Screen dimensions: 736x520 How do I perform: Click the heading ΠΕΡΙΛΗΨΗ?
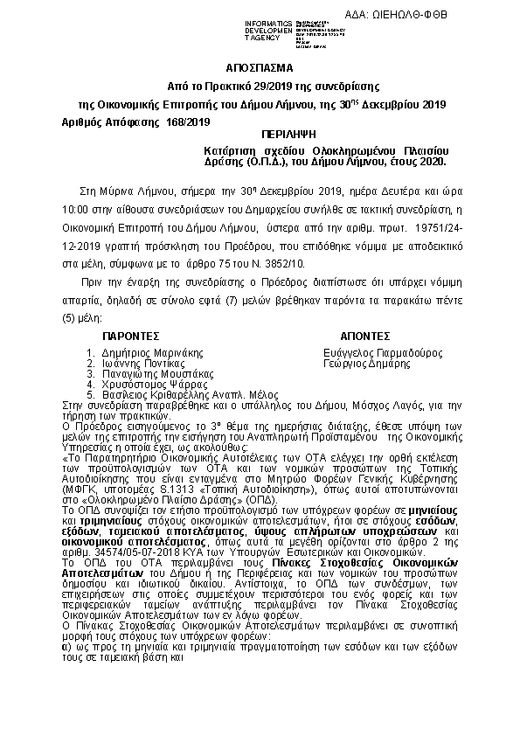point(285,135)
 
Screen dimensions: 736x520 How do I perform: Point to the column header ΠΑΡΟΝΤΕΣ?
point(130,335)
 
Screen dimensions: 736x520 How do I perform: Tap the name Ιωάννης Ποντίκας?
point(139,362)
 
